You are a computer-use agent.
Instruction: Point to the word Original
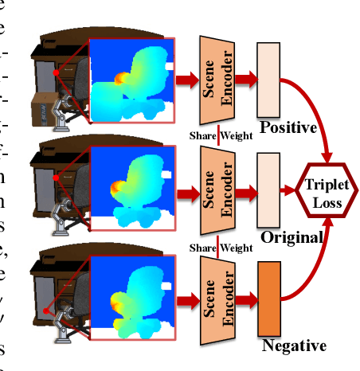point(292,237)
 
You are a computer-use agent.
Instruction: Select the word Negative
point(293,346)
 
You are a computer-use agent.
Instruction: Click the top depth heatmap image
point(132,80)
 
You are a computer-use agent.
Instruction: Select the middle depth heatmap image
point(132,191)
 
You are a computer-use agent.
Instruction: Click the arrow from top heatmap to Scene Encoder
point(186,79)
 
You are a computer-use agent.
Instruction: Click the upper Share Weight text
point(221,135)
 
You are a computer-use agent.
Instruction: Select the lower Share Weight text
point(221,248)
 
